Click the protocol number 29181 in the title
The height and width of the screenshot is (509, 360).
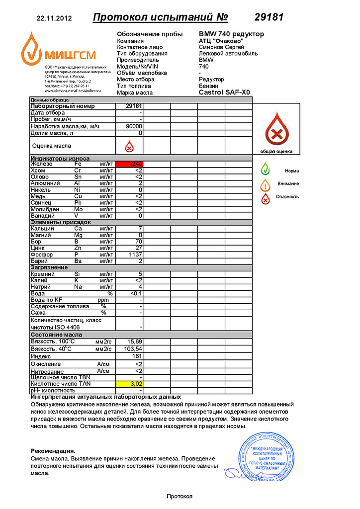point(269,17)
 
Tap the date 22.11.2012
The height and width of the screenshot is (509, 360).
point(54,18)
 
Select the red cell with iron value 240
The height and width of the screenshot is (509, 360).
point(129,164)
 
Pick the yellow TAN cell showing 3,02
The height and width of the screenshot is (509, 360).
point(129,384)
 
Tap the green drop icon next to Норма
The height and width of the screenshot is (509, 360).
point(266,170)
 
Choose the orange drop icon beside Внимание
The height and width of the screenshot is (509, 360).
point(266,183)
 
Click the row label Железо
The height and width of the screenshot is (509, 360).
point(41,164)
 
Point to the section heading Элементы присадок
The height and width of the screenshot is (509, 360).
point(61,222)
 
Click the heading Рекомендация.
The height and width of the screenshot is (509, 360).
point(53,450)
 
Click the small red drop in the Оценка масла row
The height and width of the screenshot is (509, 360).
point(129,146)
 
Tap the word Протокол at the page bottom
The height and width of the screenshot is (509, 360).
point(179,496)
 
